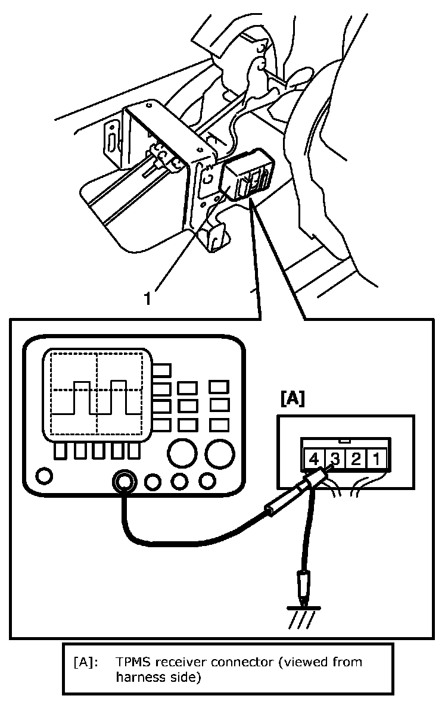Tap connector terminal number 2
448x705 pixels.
tap(356, 460)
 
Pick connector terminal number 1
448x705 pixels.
tap(377, 460)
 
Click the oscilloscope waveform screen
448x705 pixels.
tap(97, 392)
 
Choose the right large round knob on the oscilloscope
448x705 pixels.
tap(219, 454)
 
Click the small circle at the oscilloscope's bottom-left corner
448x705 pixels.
tap(43, 475)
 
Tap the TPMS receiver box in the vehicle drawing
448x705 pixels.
tap(245, 176)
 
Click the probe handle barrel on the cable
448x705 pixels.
tap(277, 507)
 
